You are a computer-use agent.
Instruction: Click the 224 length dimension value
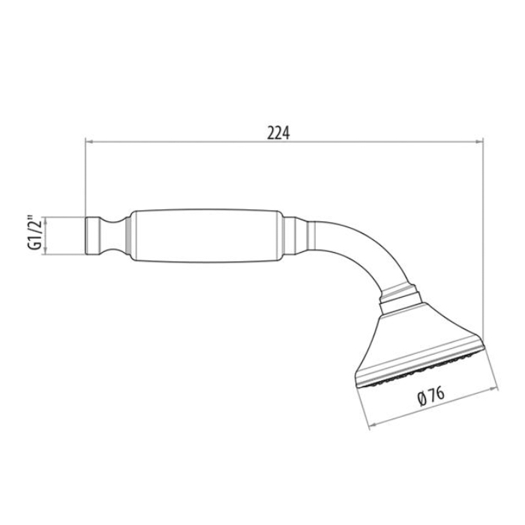pos(278,133)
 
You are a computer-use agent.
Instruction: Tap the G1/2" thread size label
pos(34,232)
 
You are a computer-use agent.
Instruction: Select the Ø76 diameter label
pos(431,396)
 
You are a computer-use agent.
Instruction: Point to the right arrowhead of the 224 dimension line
pos(479,142)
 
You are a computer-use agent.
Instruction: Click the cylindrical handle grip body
pos(206,235)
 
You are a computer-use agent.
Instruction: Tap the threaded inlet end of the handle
pos(92,235)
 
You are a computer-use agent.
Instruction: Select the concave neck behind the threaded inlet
pos(112,235)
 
